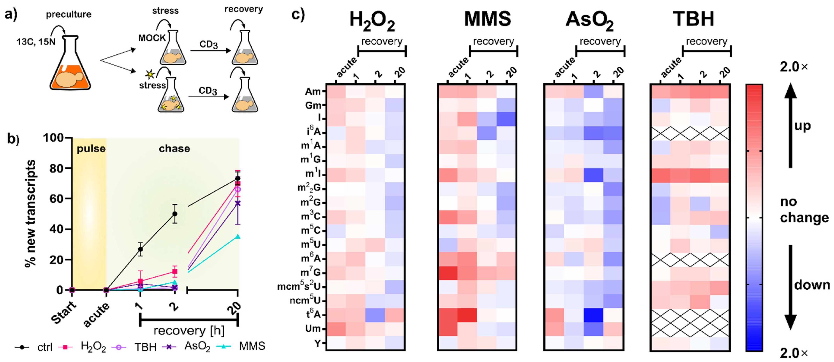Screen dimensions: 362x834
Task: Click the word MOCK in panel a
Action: click(x=152, y=38)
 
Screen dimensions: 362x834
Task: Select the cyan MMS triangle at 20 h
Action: click(x=238, y=237)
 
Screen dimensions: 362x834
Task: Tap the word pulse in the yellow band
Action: click(x=91, y=149)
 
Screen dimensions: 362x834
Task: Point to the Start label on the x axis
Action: click(x=64, y=312)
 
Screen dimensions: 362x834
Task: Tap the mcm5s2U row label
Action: click(x=299, y=287)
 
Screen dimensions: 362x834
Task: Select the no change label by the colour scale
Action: click(x=804, y=210)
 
